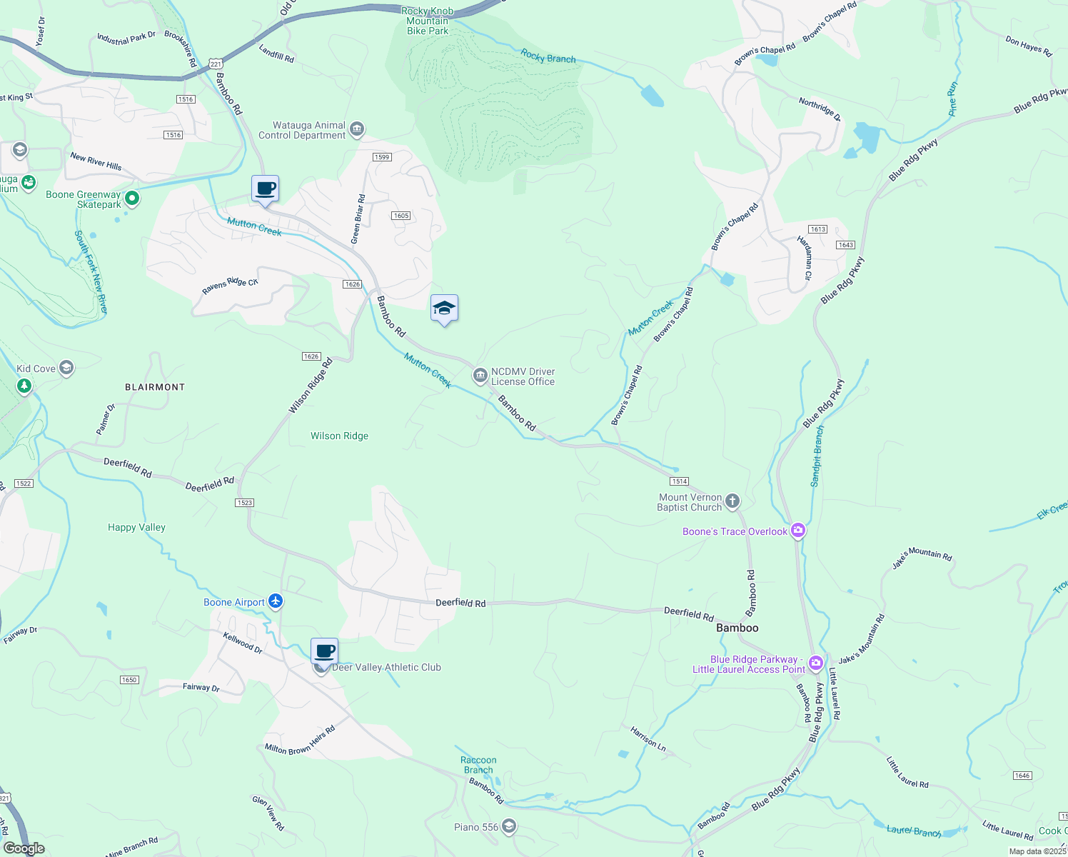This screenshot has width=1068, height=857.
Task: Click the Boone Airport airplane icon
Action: [x=276, y=601]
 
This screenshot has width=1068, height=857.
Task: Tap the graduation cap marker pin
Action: [x=444, y=309]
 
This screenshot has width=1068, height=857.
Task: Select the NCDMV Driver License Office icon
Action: [x=480, y=376]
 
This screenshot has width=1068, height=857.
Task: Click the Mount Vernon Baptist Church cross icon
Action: [x=732, y=501]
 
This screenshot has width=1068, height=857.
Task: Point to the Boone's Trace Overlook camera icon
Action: [x=798, y=531]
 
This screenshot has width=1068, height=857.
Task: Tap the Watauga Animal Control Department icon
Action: [x=358, y=129]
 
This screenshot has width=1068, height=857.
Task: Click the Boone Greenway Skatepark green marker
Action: [x=131, y=198]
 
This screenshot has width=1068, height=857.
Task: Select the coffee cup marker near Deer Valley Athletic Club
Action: [x=324, y=652]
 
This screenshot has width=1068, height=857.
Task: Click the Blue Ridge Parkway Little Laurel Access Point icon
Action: [x=815, y=663]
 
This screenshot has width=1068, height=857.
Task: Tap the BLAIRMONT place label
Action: [x=155, y=387]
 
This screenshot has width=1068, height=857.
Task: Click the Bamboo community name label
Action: [x=737, y=628]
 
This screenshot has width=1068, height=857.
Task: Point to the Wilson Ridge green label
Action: [x=339, y=436]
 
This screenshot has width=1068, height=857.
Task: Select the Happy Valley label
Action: [x=136, y=527]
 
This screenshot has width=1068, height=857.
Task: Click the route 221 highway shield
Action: [x=216, y=64]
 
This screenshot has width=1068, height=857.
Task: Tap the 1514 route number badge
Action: [x=679, y=481]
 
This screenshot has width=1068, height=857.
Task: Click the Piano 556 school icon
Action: [x=508, y=827]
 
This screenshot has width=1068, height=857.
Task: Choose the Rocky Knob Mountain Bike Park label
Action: [x=427, y=21]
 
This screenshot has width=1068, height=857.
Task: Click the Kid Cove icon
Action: [x=66, y=368]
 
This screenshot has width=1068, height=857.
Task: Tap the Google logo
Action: [x=24, y=848]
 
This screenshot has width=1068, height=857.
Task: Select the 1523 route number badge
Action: [x=244, y=503]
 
